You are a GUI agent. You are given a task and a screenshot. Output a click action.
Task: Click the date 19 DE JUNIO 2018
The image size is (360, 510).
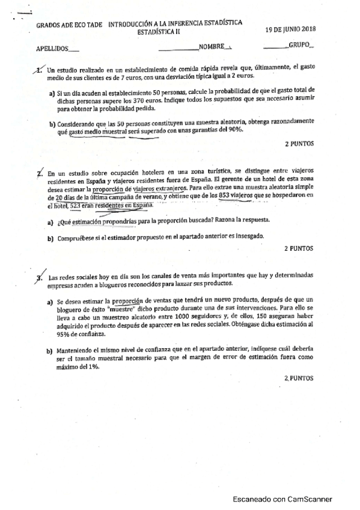click(294, 29)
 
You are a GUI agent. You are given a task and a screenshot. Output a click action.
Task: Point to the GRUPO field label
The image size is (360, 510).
click(301, 45)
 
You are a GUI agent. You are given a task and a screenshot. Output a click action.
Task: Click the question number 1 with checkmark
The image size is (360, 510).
click(40, 70)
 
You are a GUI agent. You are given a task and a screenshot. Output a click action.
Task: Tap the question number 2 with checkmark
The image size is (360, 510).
click(39, 174)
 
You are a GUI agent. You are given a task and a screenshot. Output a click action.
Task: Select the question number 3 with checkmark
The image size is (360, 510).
click(40, 277)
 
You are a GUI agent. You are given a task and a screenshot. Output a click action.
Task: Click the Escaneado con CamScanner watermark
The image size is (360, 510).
click(282, 499)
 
